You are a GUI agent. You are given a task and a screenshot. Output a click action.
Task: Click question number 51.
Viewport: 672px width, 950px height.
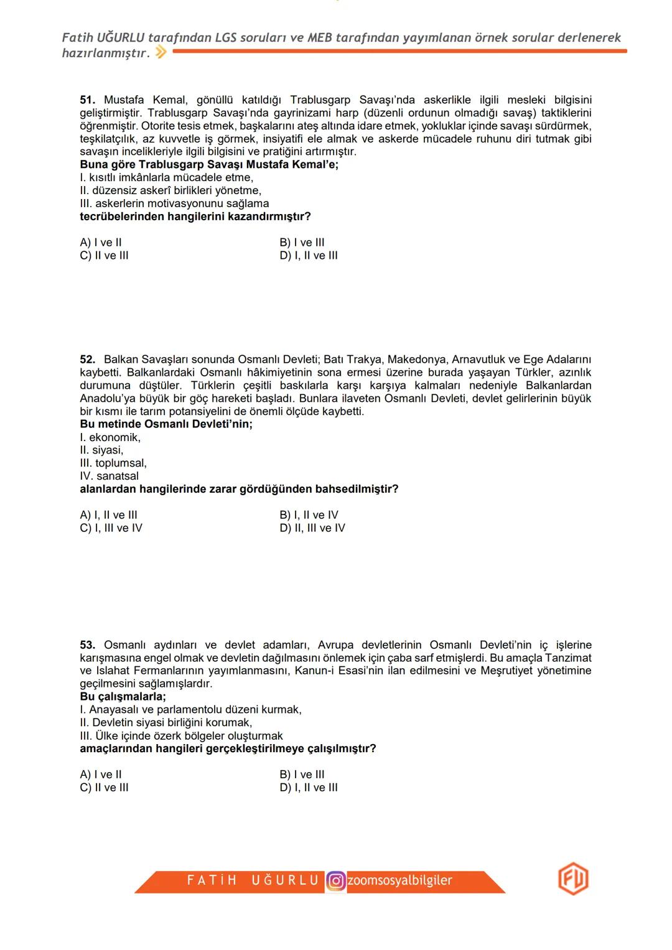coord(87,100)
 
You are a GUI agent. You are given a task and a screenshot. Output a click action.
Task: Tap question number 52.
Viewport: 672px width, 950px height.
coord(87,360)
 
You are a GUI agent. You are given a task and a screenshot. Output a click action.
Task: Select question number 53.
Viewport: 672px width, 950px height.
coord(87,645)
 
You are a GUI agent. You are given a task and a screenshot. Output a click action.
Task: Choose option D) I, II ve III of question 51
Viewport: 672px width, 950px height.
coord(309,256)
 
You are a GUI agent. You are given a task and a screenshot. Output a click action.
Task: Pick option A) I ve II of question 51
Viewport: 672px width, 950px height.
coord(101,243)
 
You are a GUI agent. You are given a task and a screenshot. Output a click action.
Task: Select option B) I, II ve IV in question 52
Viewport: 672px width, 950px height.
coord(309,515)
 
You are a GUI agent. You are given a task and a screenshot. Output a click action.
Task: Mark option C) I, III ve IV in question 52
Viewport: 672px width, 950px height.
coord(111,528)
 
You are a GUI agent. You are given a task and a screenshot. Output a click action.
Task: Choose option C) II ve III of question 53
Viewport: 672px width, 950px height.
coord(104,788)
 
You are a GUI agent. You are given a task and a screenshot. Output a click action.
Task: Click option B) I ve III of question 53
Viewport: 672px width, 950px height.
coord(302,775)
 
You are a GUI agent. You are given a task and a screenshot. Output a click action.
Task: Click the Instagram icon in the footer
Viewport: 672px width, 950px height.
coord(336,881)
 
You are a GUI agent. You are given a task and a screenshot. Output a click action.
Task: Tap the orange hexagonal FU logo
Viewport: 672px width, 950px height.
coord(572,880)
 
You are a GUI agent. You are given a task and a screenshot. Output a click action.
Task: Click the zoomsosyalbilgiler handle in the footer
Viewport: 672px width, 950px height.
coord(399,881)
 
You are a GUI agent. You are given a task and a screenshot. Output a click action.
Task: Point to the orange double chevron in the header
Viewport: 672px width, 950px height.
coord(161,53)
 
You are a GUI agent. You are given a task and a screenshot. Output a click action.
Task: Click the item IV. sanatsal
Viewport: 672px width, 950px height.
coord(109,477)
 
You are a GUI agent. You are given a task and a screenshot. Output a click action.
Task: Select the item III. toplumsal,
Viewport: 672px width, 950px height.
coord(113,463)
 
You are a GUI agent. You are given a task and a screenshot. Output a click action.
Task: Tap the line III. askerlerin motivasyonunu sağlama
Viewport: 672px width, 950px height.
coord(174,204)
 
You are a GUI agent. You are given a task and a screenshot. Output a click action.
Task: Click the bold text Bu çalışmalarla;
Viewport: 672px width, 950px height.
coord(123,697)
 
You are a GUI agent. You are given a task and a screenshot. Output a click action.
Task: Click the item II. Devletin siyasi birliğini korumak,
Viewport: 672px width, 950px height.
coord(166,723)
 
